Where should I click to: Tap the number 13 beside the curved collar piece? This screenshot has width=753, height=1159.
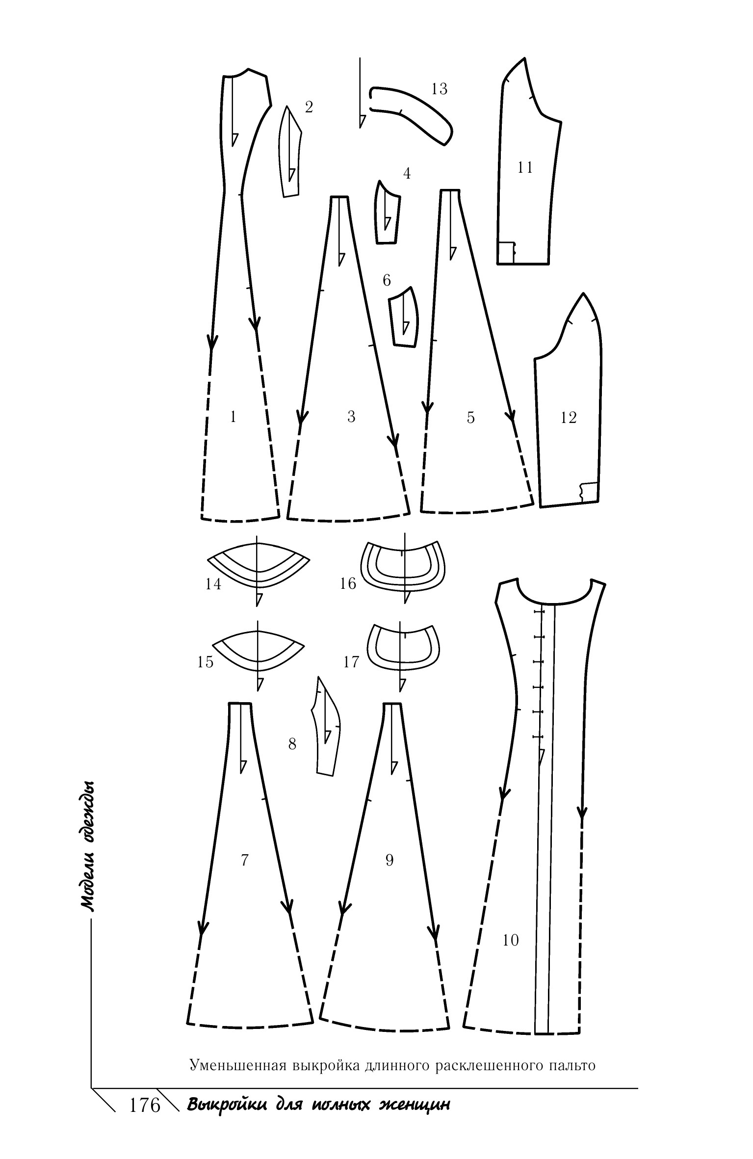pyautogui.click(x=439, y=89)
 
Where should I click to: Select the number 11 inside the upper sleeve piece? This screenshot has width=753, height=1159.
pyautogui.click(x=525, y=167)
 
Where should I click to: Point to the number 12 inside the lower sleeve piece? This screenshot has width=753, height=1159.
pyautogui.click(x=568, y=418)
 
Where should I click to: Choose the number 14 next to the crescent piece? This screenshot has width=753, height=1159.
pyautogui.click(x=213, y=584)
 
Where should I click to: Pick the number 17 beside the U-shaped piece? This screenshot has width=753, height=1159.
pyautogui.click(x=351, y=662)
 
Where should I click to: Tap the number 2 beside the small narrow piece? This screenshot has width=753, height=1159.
pyautogui.click(x=309, y=107)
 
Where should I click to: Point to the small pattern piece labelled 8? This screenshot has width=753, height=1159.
pyautogui.click(x=325, y=726)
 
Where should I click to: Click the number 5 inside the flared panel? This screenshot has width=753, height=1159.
pyautogui.click(x=470, y=418)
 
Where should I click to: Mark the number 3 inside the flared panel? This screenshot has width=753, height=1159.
pyautogui.click(x=351, y=417)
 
